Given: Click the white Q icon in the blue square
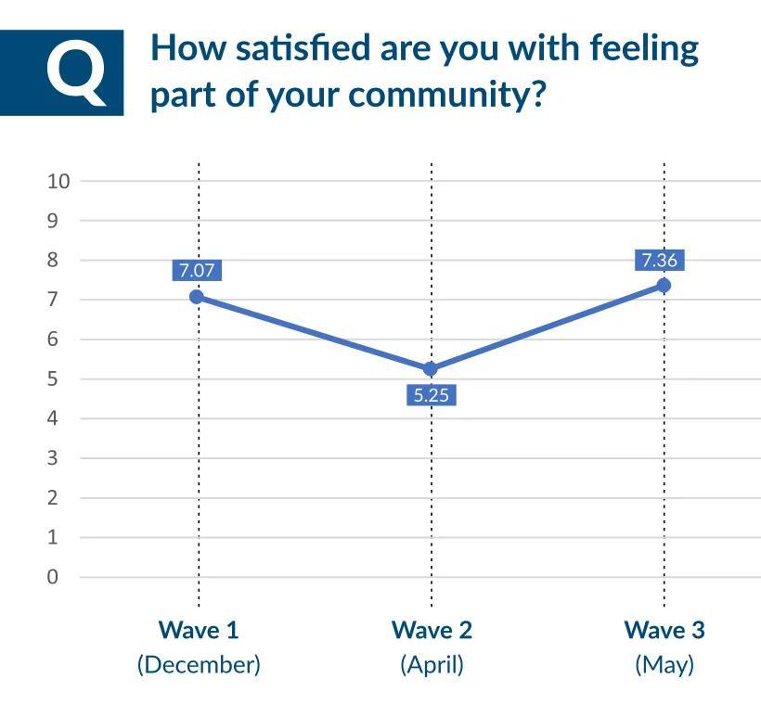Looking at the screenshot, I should point(76,71).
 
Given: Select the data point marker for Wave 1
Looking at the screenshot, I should point(197,297).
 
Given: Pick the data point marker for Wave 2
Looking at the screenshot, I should point(431,369).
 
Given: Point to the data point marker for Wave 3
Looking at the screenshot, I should point(664,285).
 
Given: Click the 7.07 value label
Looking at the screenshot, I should point(197,271).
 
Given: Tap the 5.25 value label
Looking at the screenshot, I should point(431,395).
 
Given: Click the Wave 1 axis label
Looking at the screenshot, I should point(199,631).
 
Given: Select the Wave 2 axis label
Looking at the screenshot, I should point(432,631).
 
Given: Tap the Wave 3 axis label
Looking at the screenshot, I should point(664,631).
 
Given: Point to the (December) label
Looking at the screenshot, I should point(199,665).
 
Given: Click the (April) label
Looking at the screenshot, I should point(432,665).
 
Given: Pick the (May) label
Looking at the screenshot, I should point(664,665).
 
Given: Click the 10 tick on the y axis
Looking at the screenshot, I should point(58,181).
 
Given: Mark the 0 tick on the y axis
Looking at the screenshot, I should point(52,577).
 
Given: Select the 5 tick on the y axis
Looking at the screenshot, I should point(52,378).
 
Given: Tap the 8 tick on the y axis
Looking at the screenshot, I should point(52,260).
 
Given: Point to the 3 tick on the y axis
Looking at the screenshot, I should point(52,458).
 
